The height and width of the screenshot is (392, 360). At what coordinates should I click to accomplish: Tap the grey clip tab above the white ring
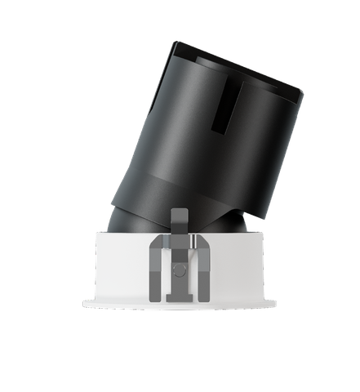point(179,218)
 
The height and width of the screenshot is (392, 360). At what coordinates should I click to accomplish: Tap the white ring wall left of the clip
point(122,265)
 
